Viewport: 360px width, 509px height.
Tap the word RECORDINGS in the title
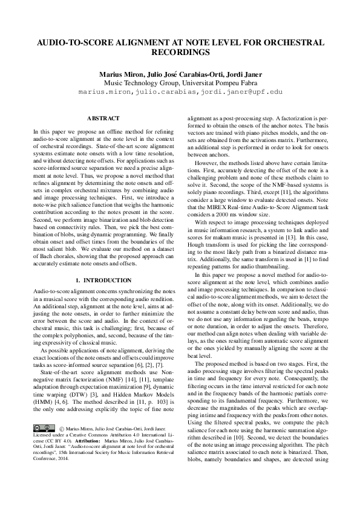180,52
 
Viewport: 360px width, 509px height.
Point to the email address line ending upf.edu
180,92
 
